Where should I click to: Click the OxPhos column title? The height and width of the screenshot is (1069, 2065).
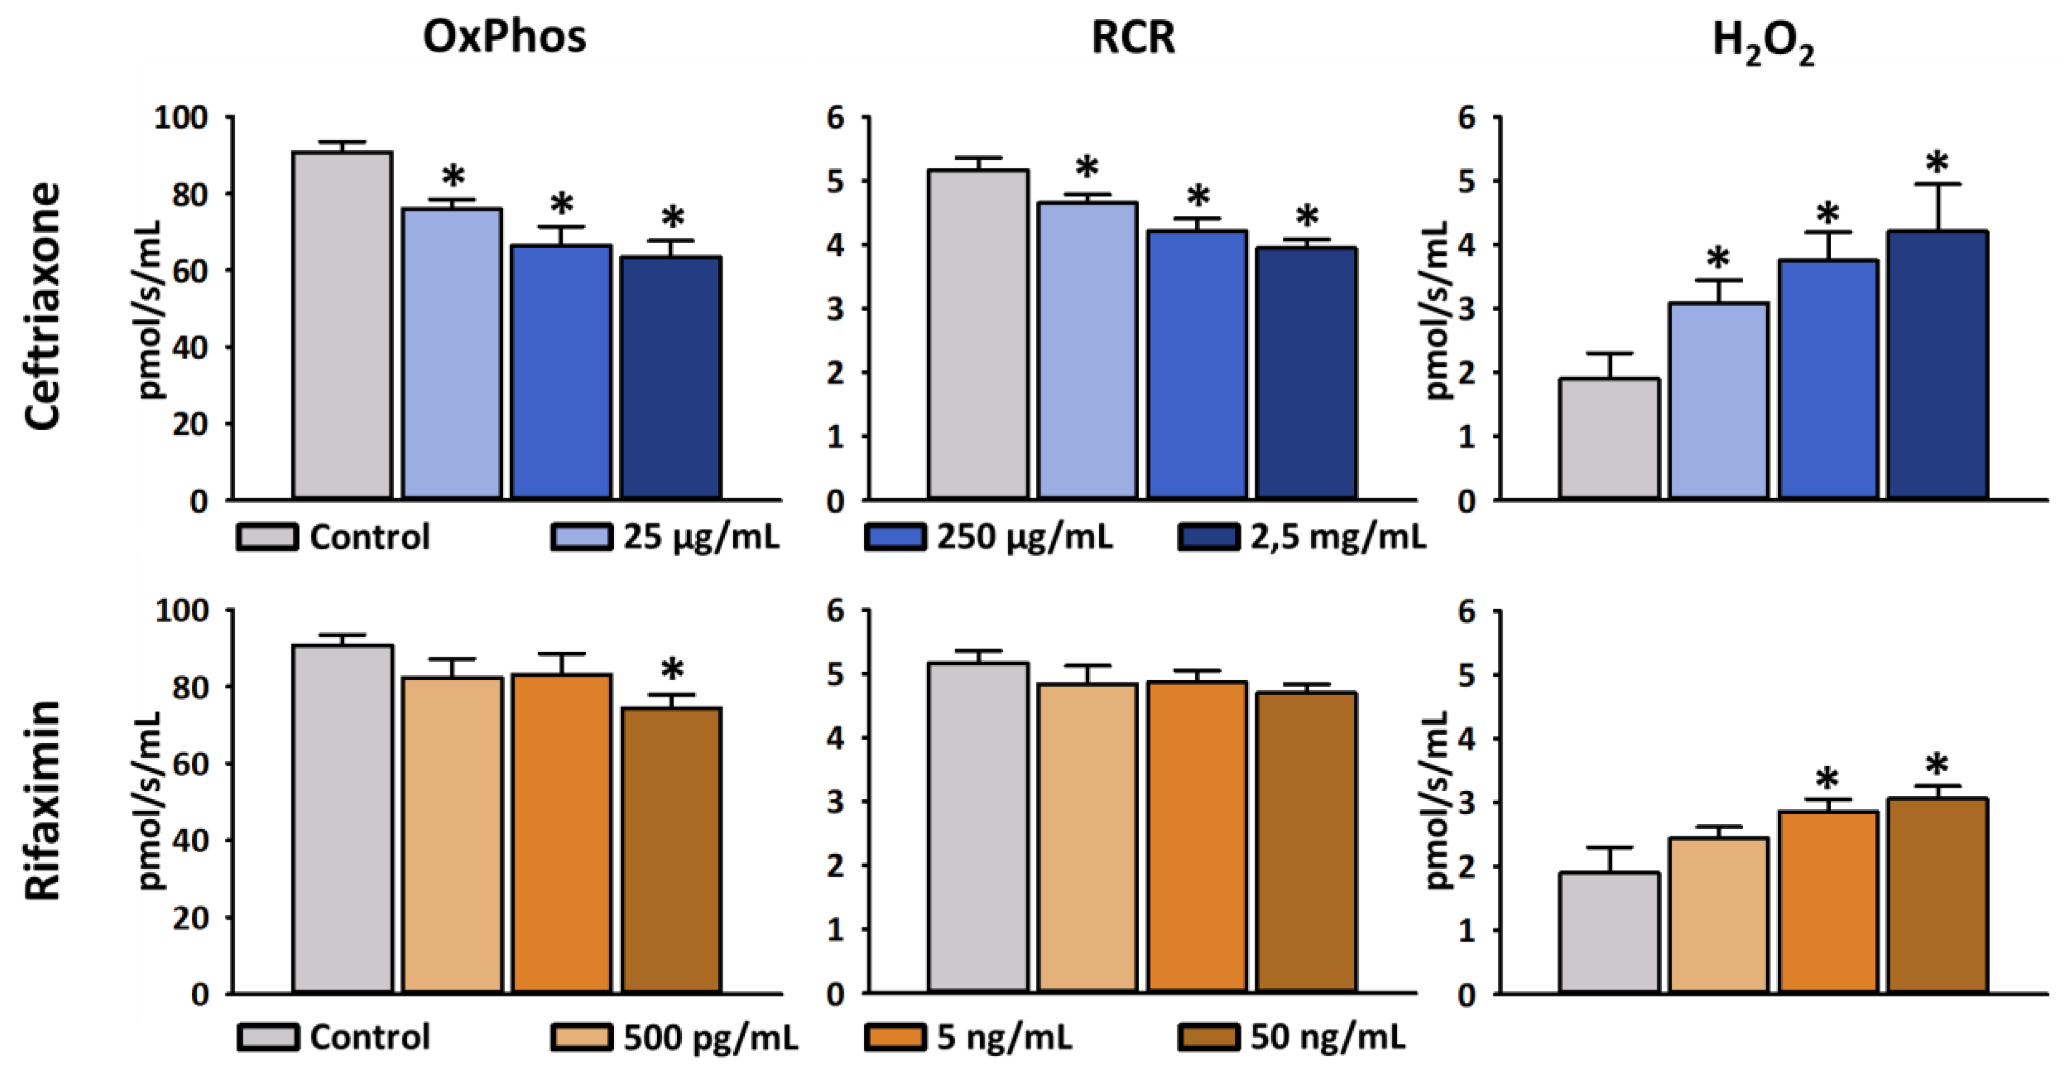pos(504,38)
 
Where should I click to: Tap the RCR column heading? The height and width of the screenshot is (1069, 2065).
pos(1133,38)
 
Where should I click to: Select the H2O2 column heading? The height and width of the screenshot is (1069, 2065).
pos(1763,42)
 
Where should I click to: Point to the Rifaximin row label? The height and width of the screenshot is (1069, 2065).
pos(42,800)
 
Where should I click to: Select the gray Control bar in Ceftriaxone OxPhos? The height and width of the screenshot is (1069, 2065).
pos(342,325)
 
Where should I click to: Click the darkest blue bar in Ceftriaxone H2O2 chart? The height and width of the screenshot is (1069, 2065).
pos(1937,365)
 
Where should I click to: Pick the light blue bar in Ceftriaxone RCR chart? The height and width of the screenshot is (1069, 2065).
pos(1087,350)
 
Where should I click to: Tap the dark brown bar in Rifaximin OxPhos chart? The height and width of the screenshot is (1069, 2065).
pos(672,850)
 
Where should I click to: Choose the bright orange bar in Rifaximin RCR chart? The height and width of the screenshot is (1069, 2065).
pos(1197,837)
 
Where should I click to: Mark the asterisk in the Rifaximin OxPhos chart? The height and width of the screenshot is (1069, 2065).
pos(672,670)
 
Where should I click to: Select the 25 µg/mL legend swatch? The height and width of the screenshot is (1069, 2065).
pos(580,537)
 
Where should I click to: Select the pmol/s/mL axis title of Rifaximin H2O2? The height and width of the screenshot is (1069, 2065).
pos(1439,800)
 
